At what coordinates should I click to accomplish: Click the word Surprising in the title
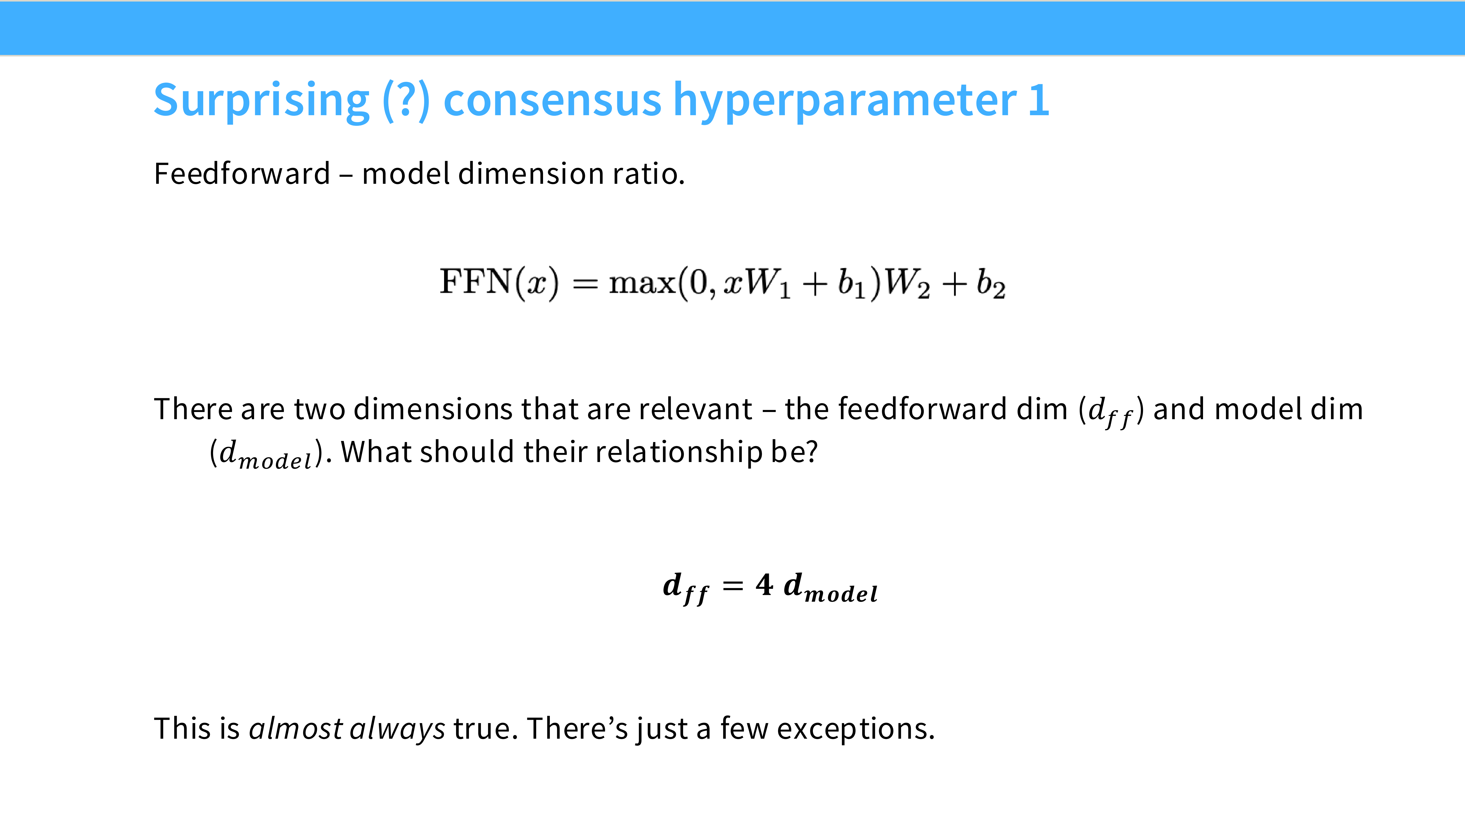click(262, 101)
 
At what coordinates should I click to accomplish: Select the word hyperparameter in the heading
click(844, 101)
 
